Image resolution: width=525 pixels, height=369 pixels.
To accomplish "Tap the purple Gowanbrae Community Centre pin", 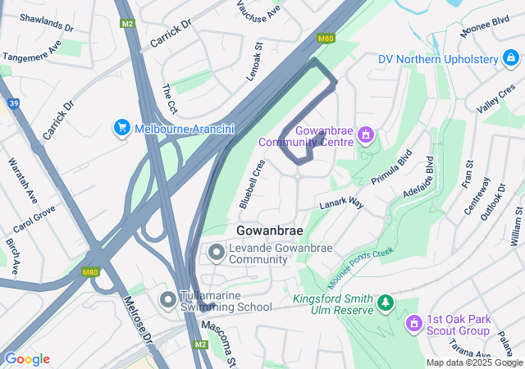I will pos(366,134).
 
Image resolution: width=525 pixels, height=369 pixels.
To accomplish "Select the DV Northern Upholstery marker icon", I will pos(511,59).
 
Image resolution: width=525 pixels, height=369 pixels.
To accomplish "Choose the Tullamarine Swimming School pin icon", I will pos(168,301).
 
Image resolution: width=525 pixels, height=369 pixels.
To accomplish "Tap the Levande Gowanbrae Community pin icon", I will pos(217,253).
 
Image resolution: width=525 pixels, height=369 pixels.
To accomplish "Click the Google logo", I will pos(26,358).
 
